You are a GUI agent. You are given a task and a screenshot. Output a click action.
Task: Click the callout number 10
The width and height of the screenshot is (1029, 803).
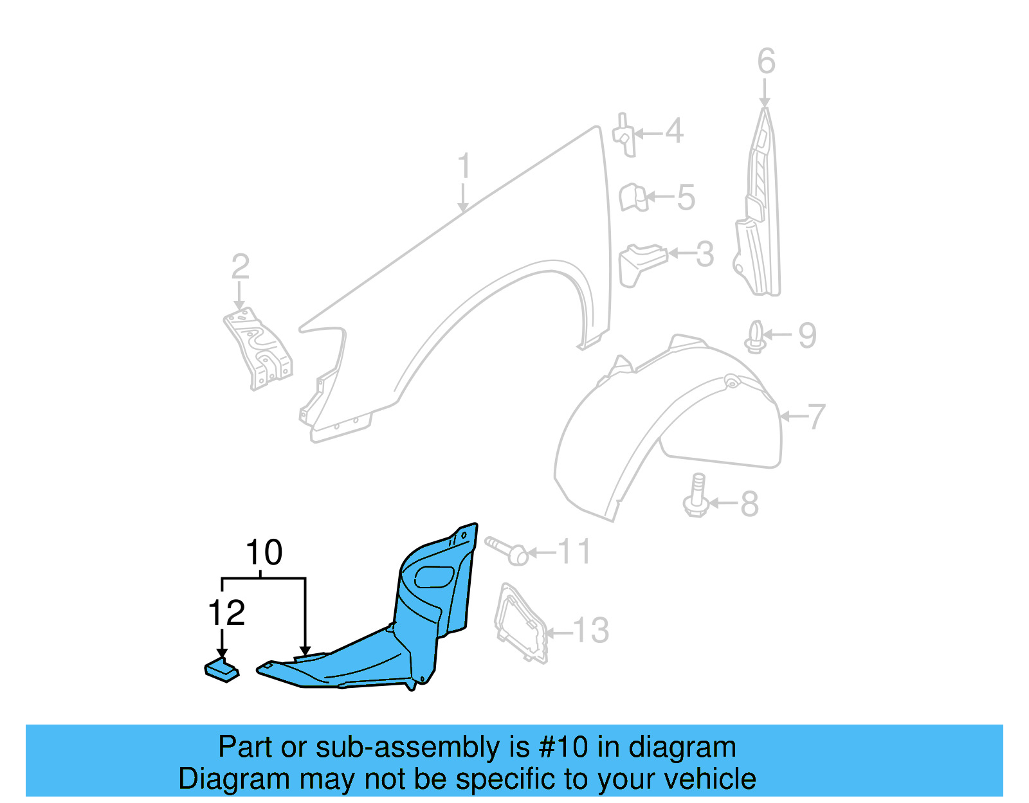click(264, 553)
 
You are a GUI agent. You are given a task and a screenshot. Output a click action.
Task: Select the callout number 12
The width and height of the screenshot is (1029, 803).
click(226, 613)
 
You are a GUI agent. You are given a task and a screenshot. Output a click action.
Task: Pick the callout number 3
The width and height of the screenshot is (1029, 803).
click(705, 255)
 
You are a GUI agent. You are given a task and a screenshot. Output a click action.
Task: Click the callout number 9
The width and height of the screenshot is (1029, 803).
click(807, 336)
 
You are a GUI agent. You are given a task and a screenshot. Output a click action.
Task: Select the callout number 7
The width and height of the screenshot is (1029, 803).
click(816, 417)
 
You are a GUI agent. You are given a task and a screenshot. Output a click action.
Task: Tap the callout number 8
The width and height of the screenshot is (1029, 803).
click(749, 504)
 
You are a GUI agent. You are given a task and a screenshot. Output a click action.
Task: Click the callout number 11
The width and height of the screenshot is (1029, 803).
click(574, 552)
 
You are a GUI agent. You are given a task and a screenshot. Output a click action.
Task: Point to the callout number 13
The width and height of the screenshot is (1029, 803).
click(590, 631)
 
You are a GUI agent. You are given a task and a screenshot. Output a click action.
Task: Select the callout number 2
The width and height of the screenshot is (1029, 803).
click(240, 267)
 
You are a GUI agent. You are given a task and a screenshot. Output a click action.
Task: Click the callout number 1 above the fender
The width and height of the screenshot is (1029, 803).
click(464, 167)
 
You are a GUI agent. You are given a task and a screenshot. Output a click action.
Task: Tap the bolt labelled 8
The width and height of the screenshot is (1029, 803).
click(697, 496)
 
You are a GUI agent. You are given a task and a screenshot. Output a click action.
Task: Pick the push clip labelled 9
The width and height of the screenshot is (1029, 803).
click(756, 337)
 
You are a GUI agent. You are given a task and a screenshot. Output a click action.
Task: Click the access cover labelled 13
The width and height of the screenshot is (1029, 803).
click(520, 622)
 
